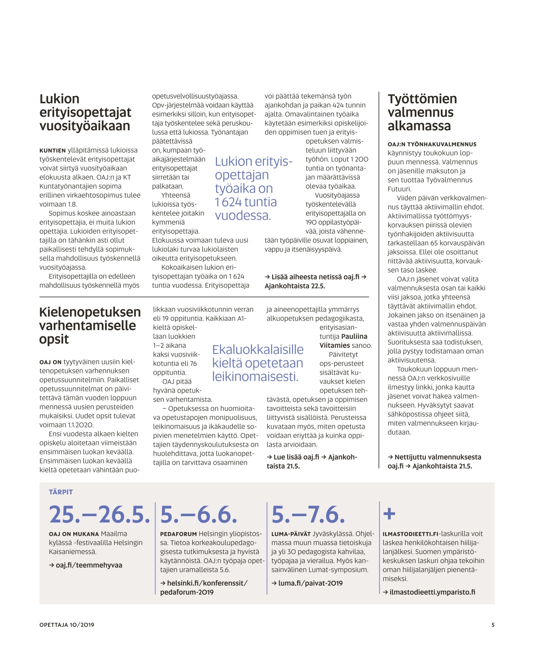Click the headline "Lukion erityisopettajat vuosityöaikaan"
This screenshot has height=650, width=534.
(85, 112)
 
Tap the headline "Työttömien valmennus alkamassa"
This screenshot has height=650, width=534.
(422, 112)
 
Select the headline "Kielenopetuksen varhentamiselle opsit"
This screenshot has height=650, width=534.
(90, 325)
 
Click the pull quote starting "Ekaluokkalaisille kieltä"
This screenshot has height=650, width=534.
(258, 363)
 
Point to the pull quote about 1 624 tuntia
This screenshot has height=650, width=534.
(253, 188)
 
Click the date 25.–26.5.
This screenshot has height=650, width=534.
(99, 515)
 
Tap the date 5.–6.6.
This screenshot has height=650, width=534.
(199, 515)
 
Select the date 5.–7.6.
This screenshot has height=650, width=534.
(308, 515)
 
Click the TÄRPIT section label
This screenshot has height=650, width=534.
(61, 492)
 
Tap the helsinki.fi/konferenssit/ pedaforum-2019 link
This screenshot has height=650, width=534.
(204, 587)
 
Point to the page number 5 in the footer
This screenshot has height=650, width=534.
(493, 625)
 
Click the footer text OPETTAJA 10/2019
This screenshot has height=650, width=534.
(67, 625)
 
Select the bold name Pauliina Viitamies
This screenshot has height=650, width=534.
(344, 341)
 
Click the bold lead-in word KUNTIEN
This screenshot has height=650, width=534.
(53, 151)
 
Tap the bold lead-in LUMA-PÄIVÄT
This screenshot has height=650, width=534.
(291, 534)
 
